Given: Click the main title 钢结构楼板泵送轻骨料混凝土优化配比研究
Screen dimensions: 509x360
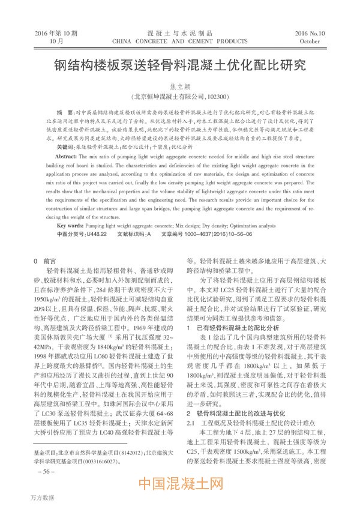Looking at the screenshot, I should tap(180, 64).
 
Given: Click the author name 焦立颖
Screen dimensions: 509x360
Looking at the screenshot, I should tap(180, 86).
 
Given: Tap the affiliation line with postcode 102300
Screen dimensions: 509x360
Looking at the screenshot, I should tap(180, 96).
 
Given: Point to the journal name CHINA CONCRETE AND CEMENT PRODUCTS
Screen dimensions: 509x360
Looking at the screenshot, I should tap(179, 42).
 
